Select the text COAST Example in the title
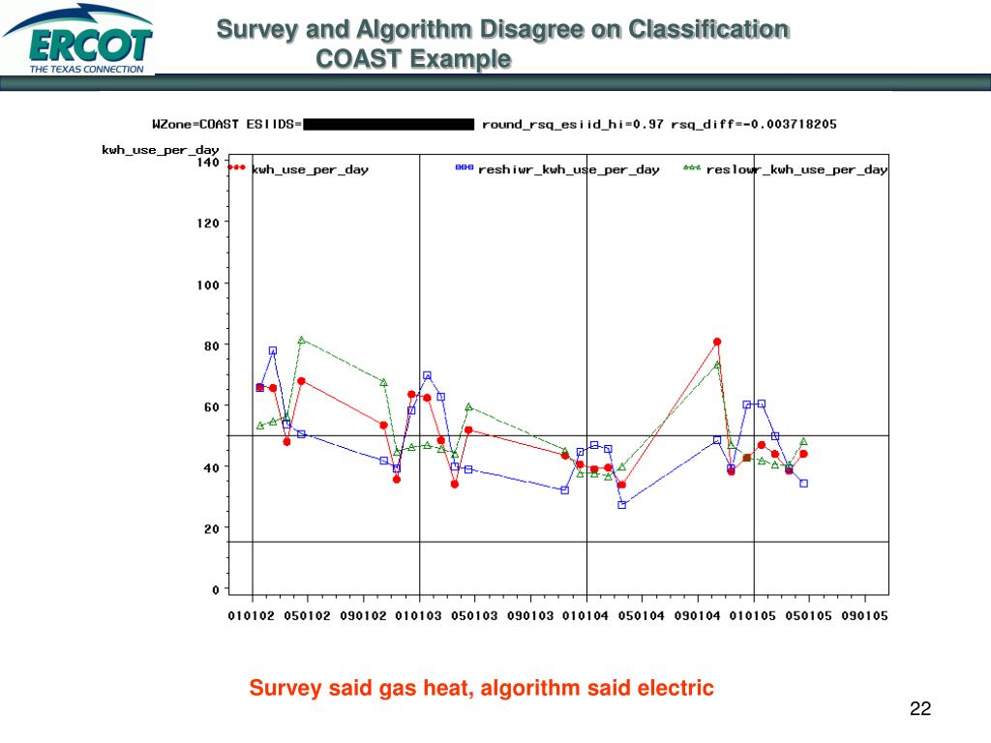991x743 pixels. click(413, 59)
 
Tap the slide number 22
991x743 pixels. click(919, 709)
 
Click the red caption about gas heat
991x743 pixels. click(481, 688)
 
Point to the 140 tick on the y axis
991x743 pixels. click(208, 163)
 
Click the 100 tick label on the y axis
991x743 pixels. click(208, 283)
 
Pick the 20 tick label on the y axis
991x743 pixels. click(211, 528)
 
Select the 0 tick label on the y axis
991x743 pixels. click(215, 588)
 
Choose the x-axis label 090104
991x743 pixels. click(697, 616)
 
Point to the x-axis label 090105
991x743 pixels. click(863, 616)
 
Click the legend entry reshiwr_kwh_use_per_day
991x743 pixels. click(568, 169)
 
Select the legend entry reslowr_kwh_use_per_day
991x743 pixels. click(796, 169)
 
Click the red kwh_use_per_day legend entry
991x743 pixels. click(309, 169)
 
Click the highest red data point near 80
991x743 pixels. click(717, 342)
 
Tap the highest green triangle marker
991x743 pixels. click(302, 340)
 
